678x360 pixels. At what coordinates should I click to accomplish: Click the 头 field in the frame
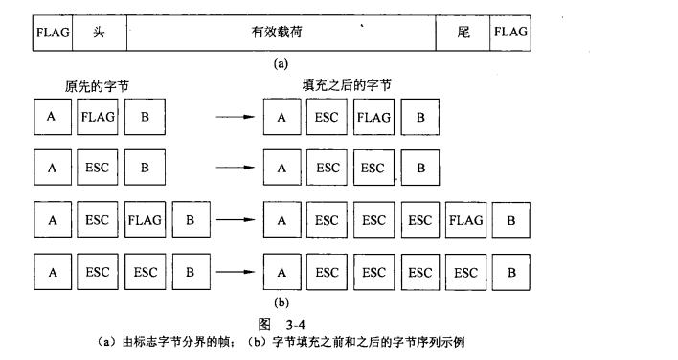[99, 33]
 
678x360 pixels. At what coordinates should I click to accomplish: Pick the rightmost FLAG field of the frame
[510, 33]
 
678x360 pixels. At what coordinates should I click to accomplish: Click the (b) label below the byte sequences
[280, 303]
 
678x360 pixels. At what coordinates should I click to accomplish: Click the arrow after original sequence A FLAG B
[233, 119]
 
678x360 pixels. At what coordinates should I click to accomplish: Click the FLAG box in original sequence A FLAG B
[99, 118]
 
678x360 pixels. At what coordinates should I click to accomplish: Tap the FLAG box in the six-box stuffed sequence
[466, 219]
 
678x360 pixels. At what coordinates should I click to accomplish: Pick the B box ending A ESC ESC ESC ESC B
[512, 271]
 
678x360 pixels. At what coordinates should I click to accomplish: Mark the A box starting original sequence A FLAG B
[52, 118]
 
